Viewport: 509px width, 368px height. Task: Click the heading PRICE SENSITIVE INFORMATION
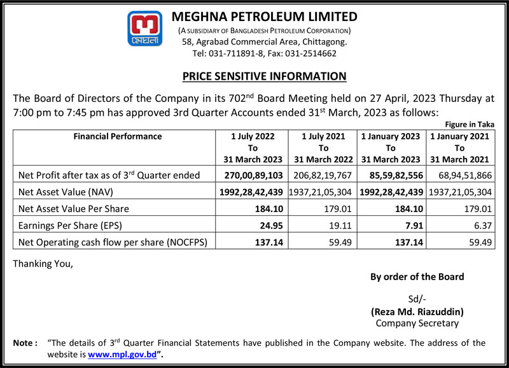(264, 76)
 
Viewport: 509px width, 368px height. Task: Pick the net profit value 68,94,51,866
(461, 175)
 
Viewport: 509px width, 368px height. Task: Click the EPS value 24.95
(268, 225)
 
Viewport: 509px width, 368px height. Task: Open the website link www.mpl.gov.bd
(122, 354)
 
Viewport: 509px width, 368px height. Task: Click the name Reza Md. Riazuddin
(417, 312)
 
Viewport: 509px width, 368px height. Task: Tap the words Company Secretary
(417, 323)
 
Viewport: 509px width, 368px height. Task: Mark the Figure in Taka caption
(470, 125)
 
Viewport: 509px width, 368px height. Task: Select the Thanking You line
(43, 264)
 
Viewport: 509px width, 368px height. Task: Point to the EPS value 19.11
(338, 225)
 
